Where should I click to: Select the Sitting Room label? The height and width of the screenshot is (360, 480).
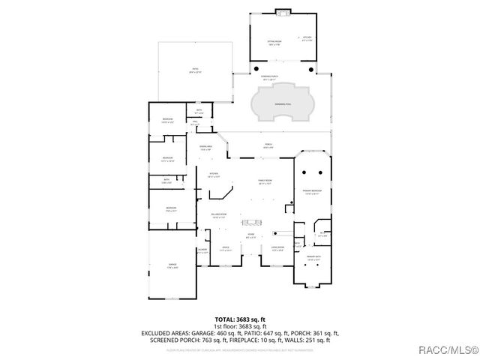click(x=274, y=43)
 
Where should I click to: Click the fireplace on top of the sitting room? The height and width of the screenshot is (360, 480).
click(x=283, y=11)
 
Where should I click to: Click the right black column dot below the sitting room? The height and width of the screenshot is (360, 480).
click(x=309, y=70)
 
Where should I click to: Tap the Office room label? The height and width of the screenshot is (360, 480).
click(x=225, y=247)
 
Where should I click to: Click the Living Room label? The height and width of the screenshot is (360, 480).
click(x=277, y=247)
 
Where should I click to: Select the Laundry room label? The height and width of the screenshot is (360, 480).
click(x=202, y=250)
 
